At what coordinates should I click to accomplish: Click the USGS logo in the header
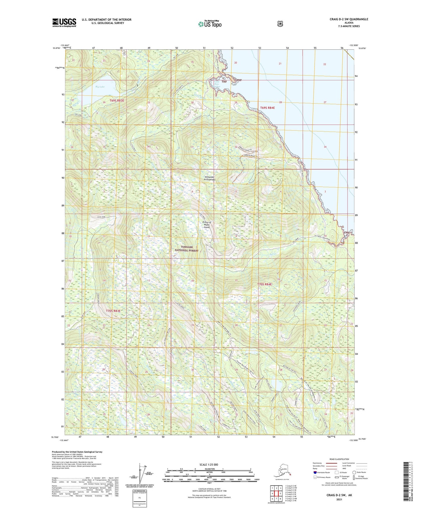pyautogui.click(x=64, y=22)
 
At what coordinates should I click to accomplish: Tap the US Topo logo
pyautogui.click(x=209, y=24)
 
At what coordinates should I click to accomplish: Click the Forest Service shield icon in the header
pyautogui.click(x=280, y=24)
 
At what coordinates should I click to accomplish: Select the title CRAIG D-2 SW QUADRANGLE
pyautogui.click(x=349, y=19)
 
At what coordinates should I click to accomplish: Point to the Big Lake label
pyautogui.click(x=100, y=87)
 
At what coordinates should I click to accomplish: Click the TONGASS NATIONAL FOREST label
pyautogui.click(x=186, y=249)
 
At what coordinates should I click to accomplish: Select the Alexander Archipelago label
pyautogui.click(x=210, y=178)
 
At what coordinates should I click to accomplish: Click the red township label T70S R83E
pyautogui.click(x=113, y=311)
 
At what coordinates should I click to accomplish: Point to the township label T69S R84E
pyautogui.click(x=267, y=108)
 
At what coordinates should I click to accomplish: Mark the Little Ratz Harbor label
pyautogui.click(x=216, y=84)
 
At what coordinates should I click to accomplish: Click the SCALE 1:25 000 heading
pyautogui.click(x=209, y=464)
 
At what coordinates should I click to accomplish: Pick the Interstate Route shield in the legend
pyautogui.click(x=315, y=472)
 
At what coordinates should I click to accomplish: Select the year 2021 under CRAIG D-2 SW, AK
pyautogui.click(x=339, y=499)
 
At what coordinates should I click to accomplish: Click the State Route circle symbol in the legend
pyautogui.click(x=354, y=472)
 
